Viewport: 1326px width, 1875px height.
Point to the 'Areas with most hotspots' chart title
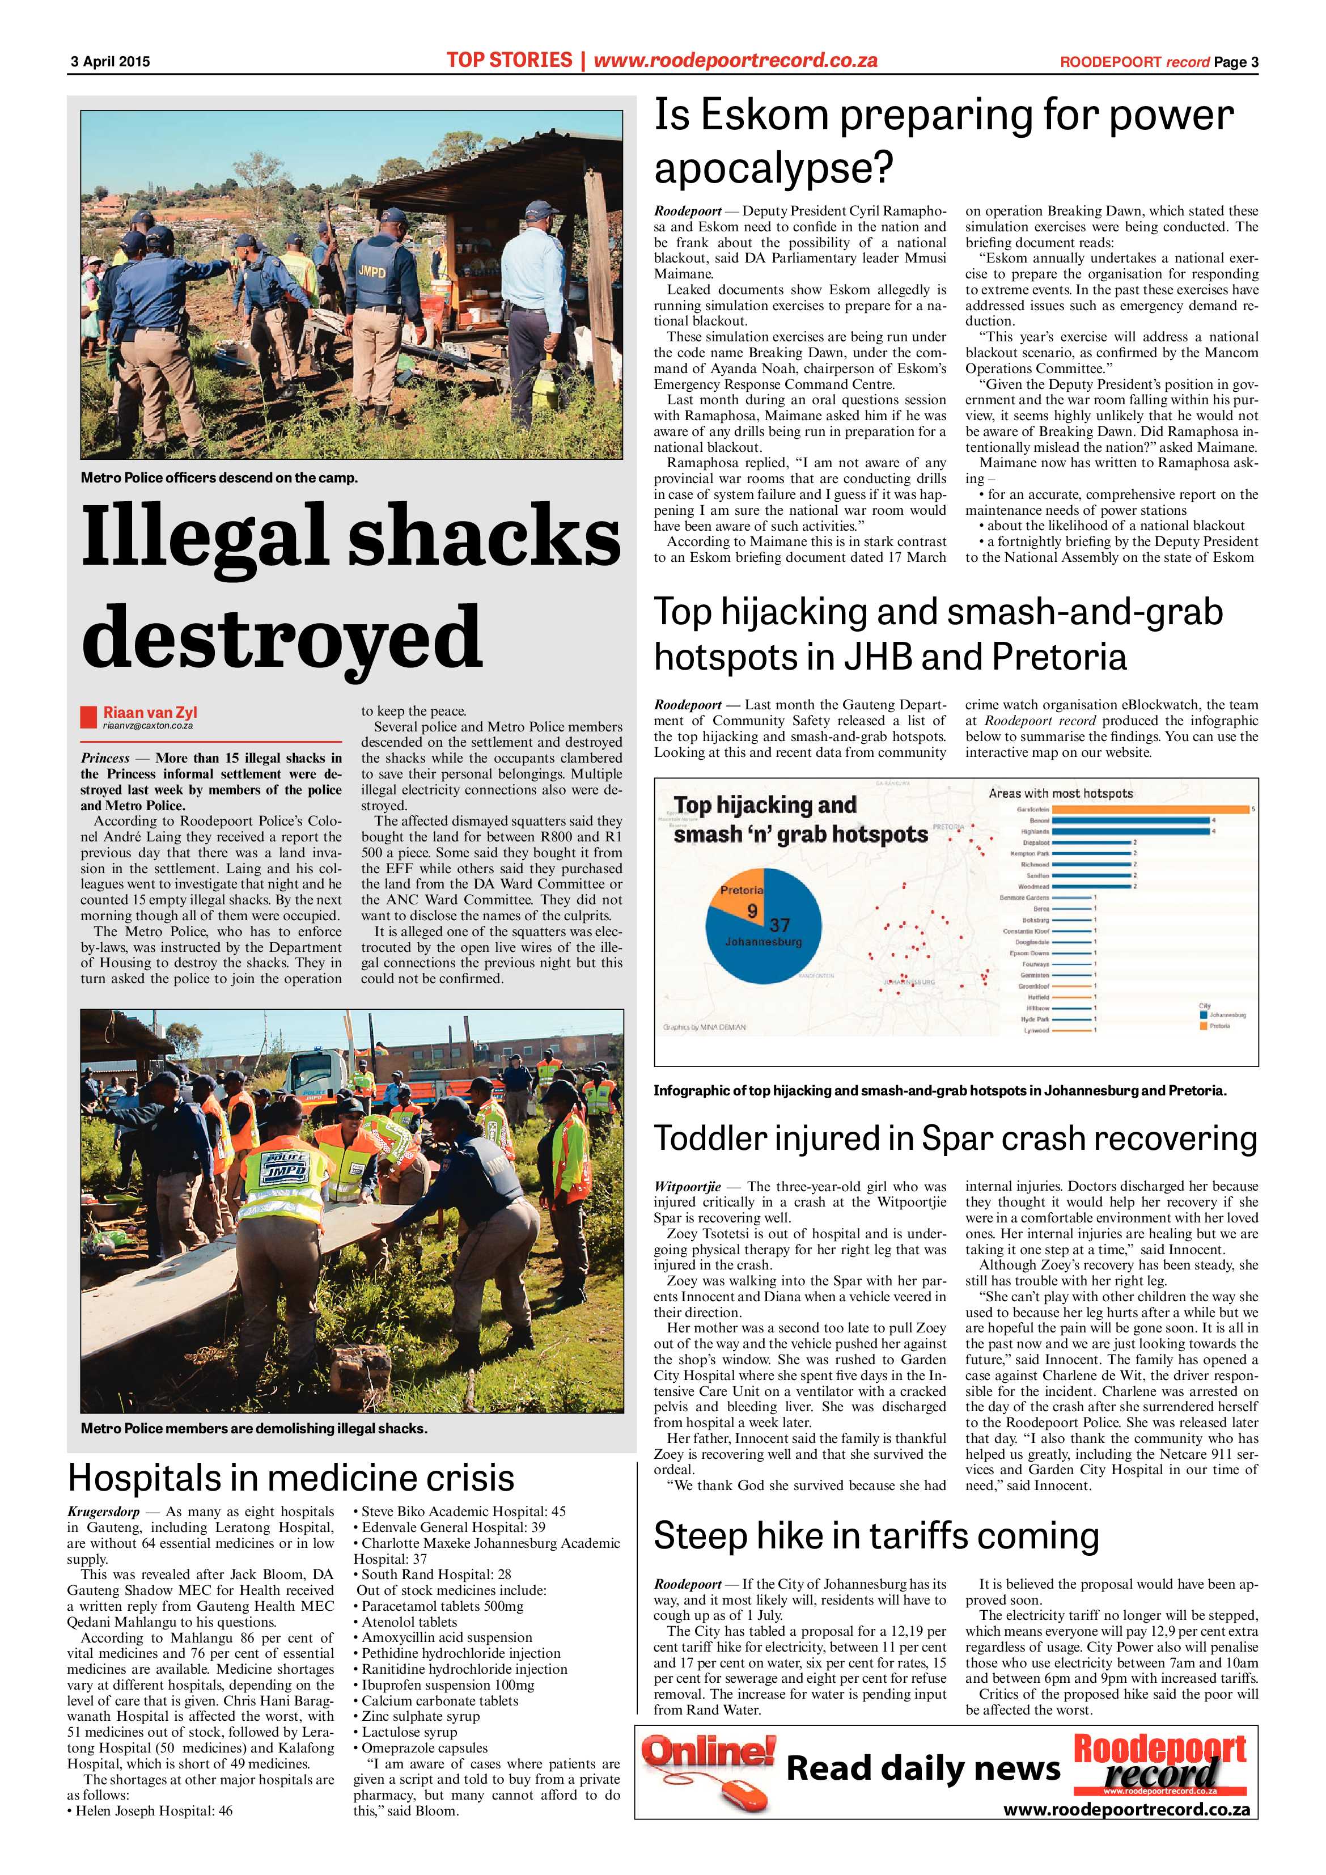point(1060,793)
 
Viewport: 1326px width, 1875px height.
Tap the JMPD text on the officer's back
point(371,271)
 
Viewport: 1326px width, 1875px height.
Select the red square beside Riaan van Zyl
point(88,716)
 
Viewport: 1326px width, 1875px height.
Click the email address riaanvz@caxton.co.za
point(148,725)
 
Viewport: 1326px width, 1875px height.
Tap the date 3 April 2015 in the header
point(110,61)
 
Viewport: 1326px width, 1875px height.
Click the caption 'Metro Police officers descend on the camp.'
point(219,478)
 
